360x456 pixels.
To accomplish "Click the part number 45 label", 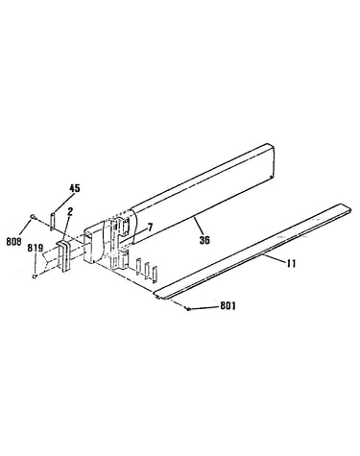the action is (75, 188).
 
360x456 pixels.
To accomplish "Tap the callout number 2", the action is (70, 211).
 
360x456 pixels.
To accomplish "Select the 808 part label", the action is (13, 241).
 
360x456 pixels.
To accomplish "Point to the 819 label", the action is (36, 248).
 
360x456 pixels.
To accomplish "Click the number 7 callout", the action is (150, 228).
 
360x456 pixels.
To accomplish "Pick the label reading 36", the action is (204, 240).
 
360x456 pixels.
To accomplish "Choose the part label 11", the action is (291, 263).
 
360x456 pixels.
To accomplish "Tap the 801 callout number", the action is (228, 306).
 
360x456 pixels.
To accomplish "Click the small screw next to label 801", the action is (188, 308).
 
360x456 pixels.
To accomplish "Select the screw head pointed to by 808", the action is (33, 217).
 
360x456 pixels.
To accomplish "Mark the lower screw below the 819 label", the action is (36, 276).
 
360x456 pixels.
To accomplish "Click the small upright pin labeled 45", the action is (53, 219).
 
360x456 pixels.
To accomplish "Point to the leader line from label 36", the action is (198, 227).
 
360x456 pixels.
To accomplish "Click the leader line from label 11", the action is (275, 258).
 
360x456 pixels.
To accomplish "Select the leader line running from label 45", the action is (61, 203).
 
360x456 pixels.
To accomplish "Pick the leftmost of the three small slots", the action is (138, 267).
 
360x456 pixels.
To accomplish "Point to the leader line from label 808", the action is (25, 228).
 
